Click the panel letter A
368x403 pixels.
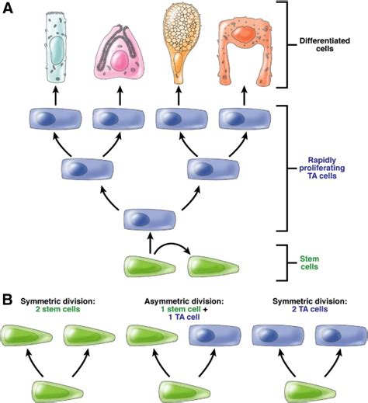(8, 9)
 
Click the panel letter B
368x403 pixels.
(8, 300)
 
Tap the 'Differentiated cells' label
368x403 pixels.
(325, 45)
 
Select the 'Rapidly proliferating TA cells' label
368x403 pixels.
(322, 168)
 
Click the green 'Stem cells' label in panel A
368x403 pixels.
(309, 262)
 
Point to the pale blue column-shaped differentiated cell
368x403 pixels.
(56, 48)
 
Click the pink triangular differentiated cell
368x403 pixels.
(119, 53)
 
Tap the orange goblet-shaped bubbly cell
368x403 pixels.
(179, 44)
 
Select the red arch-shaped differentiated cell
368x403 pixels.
(245, 52)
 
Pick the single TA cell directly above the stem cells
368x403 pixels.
(150, 220)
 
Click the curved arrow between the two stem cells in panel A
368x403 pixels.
(172, 246)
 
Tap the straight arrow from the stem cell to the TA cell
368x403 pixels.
(150, 243)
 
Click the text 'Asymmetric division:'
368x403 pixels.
(184, 301)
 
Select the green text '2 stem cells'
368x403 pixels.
(58, 309)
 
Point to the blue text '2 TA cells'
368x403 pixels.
(310, 309)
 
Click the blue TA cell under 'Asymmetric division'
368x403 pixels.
(215, 335)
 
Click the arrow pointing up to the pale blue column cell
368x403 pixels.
(55, 96)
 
